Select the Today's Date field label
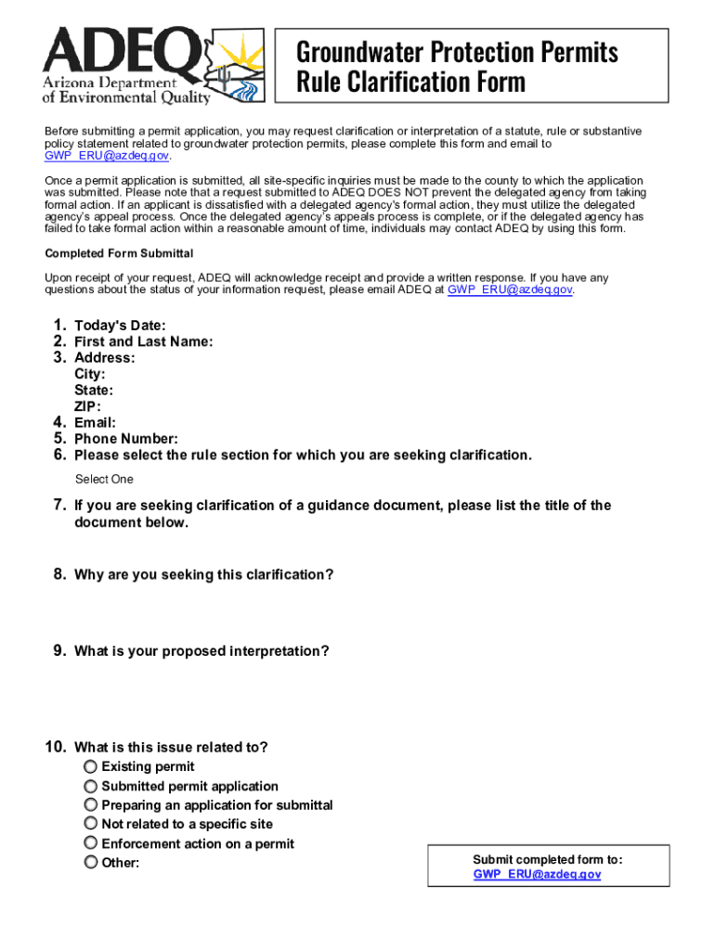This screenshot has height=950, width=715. [x=120, y=326]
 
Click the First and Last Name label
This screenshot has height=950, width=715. [x=143, y=341]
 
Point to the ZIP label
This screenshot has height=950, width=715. [x=87, y=406]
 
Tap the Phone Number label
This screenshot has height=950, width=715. [x=125, y=439]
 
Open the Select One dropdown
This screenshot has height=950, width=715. [x=104, y=480]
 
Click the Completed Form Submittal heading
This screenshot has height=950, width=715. [x=119, y=253]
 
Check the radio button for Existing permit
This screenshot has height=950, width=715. [x=91, y=766]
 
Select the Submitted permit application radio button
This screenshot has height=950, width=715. [x=91, y=786]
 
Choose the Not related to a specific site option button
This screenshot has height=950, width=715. [x=91, y=824]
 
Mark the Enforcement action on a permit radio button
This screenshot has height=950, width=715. [x=91, y=843]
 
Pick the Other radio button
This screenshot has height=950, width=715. [x=91, y=863]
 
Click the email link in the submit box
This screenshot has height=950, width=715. [x=537, y=875]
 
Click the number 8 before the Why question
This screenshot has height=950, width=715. [x=58, y=575]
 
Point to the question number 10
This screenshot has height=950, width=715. [x=55, y=748]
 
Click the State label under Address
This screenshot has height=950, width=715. [x=94, y=391]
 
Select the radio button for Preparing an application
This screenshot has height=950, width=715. [x=91, y=805]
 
